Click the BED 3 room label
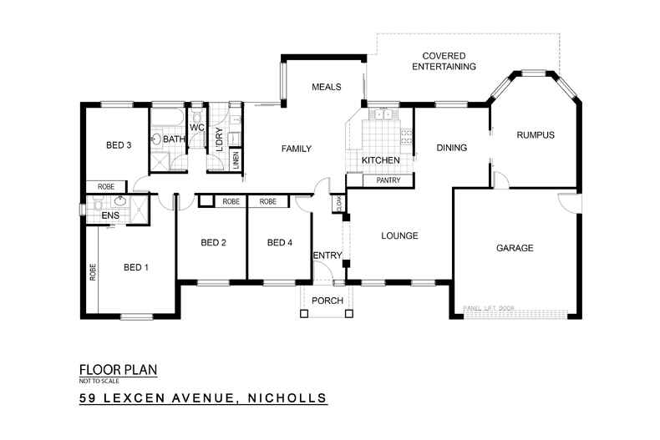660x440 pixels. (x=119, y=144)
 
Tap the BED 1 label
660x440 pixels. (x=136, y=267)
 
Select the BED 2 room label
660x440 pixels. (x=214, y=243)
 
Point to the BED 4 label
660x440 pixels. (x=280, y=243)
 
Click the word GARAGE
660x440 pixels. (x=515, y=248)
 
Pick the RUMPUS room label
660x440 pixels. (x=536, y=134)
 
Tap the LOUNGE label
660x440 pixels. (x=399, y=235)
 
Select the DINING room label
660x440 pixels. (x=451, y=148)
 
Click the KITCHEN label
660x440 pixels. (x=380, y=159)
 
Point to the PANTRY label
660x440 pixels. (x=389, y=180)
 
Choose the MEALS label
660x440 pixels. (x=324, y=87)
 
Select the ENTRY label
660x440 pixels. (x=326, y=255)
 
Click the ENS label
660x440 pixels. (x=110, y=216)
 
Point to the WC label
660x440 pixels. (x=197, y=127)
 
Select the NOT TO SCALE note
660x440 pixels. (x=97, y=380)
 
